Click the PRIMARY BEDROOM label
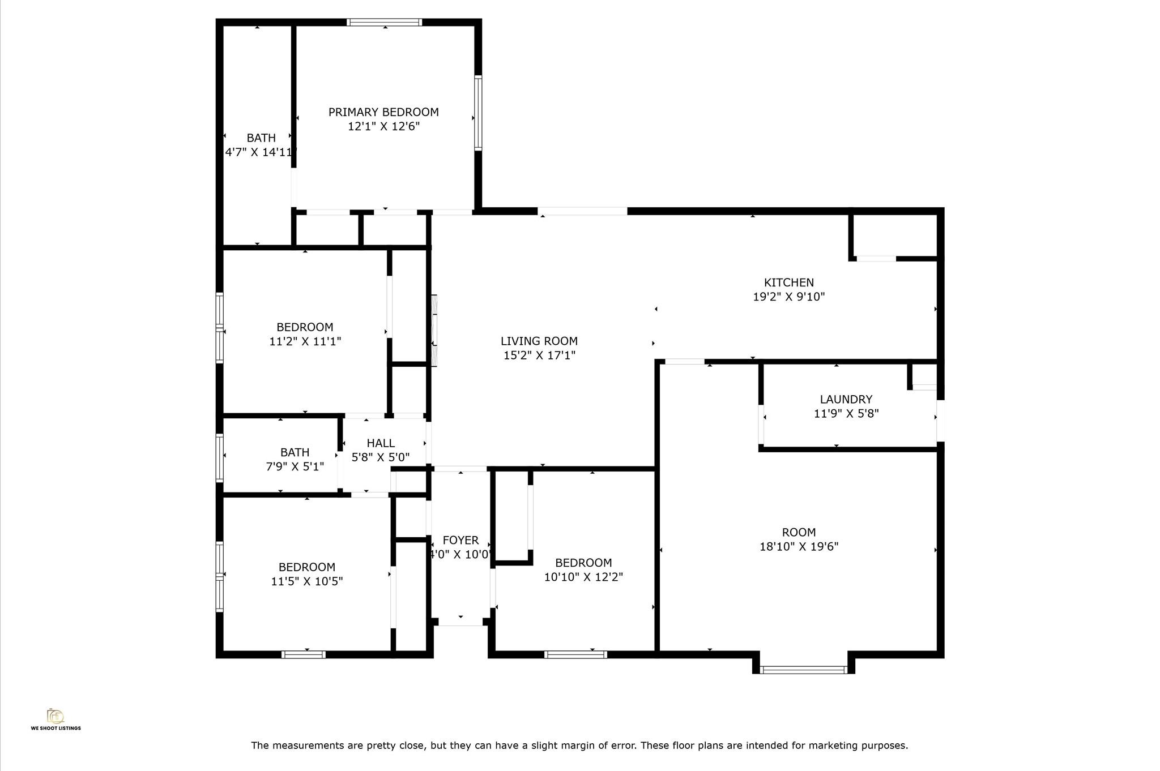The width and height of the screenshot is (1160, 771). pos(383,112)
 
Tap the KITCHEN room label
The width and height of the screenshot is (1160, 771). pos(788,282)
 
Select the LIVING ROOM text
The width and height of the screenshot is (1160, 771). pos(539,341)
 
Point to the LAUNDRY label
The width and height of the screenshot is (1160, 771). pos(846,400)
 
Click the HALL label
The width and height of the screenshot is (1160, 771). pos(381,443)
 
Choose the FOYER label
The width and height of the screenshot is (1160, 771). pos(460,541)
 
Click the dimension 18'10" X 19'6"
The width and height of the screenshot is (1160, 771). pos(799,547)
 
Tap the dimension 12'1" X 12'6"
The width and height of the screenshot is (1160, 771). pos(383,126)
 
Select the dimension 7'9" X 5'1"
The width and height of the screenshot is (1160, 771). pos(295,467)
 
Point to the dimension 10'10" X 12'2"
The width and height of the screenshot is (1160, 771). pos(583,577)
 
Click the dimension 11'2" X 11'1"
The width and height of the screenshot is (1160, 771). pos(305,341)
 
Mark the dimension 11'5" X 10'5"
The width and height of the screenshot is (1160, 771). pos(306,581)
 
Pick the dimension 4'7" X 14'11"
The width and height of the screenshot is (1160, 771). pos(261,152)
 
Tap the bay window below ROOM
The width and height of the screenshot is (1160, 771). pos(803,670)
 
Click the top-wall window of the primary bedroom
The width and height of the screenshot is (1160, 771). pos(385,23)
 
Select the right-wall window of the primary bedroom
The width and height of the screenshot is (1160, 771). pos(478,113)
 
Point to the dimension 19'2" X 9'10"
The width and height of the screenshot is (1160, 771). pos(788,297)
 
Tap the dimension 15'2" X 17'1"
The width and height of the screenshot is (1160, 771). pos(539,355)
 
